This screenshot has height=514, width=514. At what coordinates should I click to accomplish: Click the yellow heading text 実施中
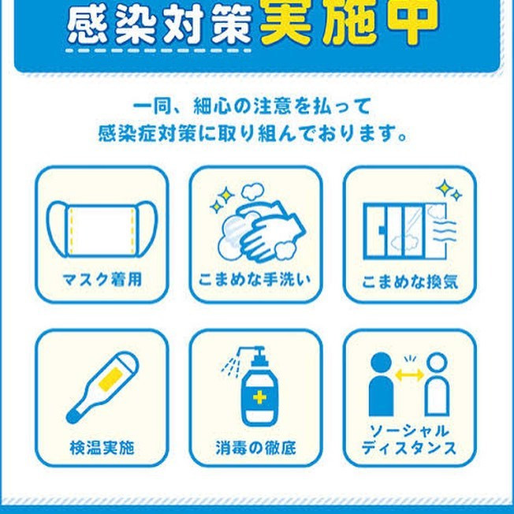349,21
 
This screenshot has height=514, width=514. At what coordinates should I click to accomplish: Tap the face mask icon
102,229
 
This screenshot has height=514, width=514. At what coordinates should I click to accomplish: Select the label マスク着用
102,280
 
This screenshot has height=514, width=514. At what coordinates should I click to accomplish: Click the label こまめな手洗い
255,280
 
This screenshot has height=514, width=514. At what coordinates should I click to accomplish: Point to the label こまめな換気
410,281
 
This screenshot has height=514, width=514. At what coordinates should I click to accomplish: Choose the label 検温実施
102,448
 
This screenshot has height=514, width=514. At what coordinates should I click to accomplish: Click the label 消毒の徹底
255,448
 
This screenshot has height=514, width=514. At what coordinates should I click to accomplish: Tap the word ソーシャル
409,431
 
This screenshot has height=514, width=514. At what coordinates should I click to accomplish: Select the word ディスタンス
409,448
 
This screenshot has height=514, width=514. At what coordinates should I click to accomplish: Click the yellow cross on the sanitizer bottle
259,398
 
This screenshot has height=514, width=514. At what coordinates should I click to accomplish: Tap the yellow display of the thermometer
111,379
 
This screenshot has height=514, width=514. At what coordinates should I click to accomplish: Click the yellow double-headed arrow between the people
409,374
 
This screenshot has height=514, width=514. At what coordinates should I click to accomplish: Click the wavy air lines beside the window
445,232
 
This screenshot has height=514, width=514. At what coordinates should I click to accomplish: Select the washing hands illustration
259,223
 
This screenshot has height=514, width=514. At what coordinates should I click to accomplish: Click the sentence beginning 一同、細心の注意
252,107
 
